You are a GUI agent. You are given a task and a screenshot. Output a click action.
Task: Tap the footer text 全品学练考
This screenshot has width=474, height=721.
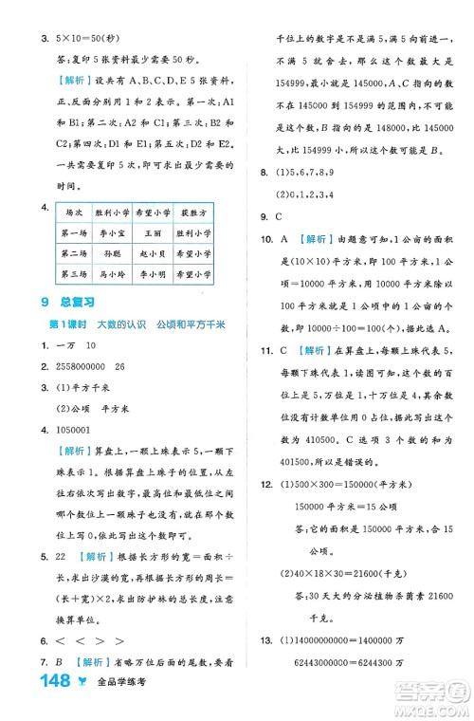pyautogui.click(x=127, y=702)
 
